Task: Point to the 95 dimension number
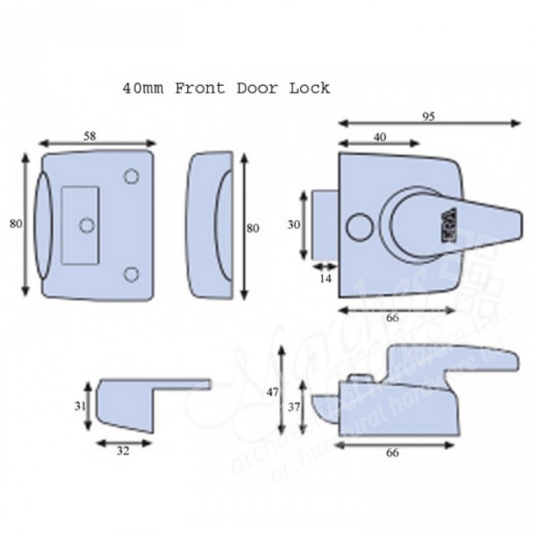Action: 428,116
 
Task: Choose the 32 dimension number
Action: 124,451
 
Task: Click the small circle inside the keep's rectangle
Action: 86,224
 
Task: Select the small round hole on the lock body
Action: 356,225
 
